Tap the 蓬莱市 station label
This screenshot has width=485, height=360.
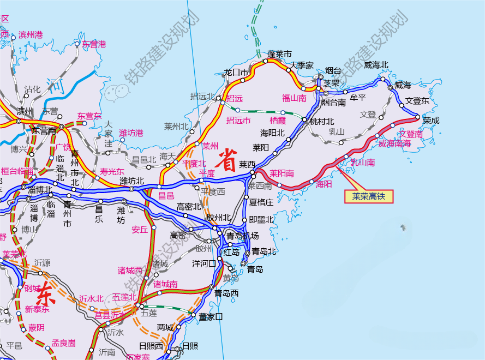tap(279, 54)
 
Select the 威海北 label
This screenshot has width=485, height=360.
tap(376, 65)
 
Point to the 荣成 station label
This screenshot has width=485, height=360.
tap(431, 121)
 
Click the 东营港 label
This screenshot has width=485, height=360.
tap(94, 44)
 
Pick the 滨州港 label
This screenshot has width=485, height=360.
tap(31, 34)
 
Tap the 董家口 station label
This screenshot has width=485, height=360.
tap(211, 316)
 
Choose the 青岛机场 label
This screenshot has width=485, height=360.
tap(242, 236)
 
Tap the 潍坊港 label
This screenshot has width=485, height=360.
tap(131, 133)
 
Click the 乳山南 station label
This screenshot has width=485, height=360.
tap(362, 162)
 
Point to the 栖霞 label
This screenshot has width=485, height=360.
tap(278, 120)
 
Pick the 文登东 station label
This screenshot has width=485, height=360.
tap(417, 101)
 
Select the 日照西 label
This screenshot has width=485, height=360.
tap(151, 346)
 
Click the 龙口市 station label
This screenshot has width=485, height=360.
tap(236, 72)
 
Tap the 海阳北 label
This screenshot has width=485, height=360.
tap(272, 133)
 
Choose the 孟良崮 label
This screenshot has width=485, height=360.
tap(63, 343)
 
